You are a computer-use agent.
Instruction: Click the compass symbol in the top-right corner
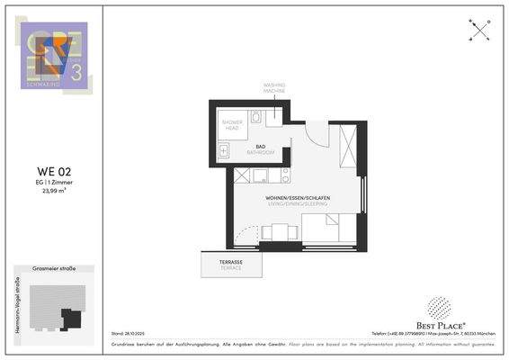479,30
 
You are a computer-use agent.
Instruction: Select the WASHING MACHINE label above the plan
274,86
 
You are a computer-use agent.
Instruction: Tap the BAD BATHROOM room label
261,149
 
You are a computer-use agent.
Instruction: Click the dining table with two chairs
279,233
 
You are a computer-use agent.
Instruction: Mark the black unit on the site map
68,317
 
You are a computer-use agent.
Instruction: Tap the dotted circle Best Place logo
437,309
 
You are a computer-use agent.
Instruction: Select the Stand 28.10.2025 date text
127,332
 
